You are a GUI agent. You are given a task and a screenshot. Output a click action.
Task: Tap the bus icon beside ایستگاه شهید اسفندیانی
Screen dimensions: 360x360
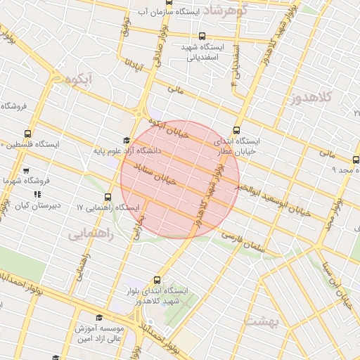[x=202, y=36]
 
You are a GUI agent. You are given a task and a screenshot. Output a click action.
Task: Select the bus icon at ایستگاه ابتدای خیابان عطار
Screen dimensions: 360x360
[x=236, y=129]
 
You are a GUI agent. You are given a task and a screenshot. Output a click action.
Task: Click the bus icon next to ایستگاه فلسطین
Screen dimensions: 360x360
[x=27, y=134]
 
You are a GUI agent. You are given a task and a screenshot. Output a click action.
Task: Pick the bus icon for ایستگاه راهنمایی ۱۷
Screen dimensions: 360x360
[x=108, y=198]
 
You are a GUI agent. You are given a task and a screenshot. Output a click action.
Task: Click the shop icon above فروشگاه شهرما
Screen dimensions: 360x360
[x=26, y=171]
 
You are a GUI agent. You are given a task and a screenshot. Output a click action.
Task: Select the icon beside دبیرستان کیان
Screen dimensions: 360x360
[x=37, y=195]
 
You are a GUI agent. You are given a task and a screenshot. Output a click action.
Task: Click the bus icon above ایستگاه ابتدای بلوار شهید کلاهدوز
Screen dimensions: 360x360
[x=160, y=280]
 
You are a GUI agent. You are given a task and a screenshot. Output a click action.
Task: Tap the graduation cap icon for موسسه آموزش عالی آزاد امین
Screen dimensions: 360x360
[x=98, y=318]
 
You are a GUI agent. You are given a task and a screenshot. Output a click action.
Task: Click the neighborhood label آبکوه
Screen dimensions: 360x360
[x=77, y=79]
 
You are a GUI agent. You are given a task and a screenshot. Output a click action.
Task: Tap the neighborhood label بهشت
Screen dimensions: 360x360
[x=262, y=321]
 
